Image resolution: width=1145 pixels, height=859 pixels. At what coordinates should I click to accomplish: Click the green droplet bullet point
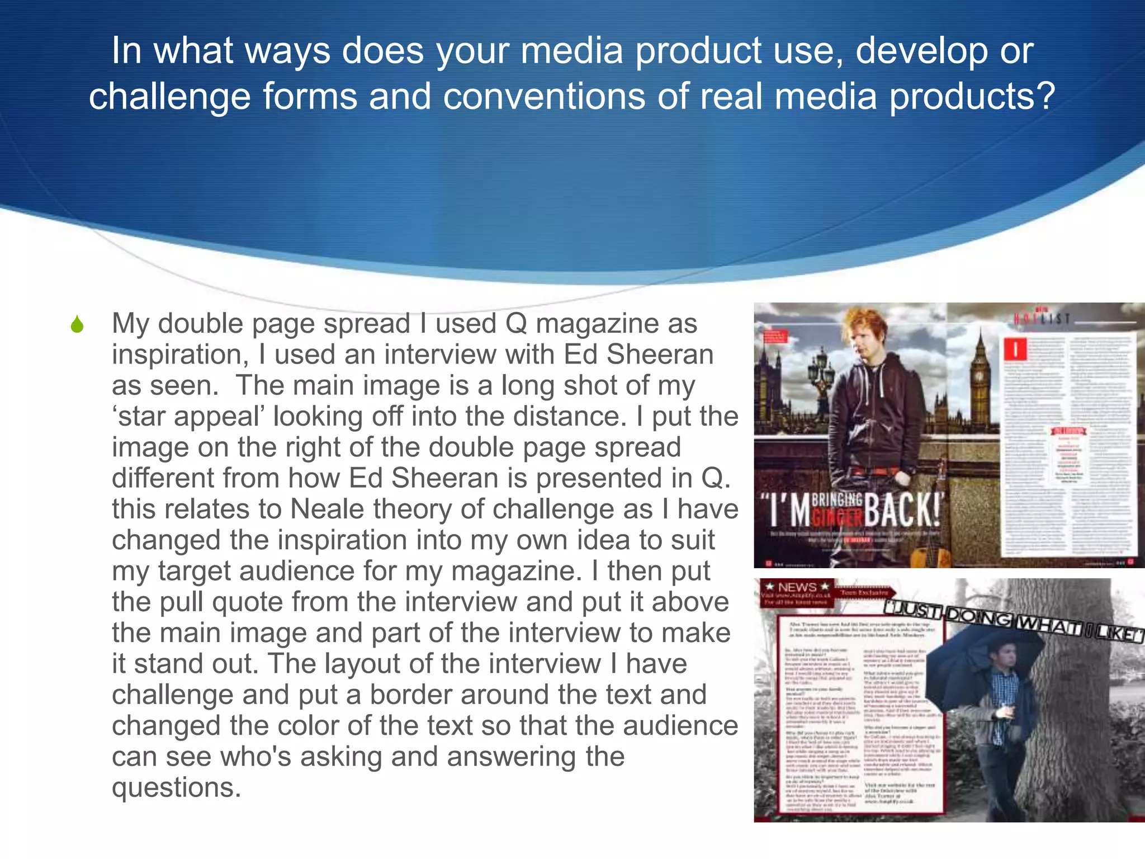click(x=77, y=324)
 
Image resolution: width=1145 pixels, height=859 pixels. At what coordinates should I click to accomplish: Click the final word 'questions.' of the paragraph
click(x=176, y=787)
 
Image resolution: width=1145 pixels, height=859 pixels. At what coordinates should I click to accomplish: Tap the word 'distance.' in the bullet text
click(x=570, y=417)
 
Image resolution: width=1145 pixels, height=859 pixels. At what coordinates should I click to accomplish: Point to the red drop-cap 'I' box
click(x=1016, y=350)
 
